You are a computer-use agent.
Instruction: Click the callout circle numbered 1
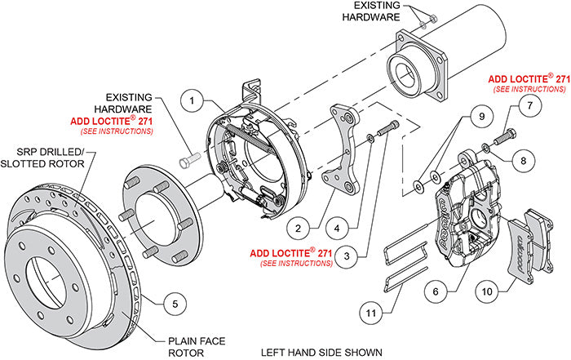192,101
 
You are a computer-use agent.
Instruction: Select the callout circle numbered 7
528,105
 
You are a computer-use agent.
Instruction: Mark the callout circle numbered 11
370,310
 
